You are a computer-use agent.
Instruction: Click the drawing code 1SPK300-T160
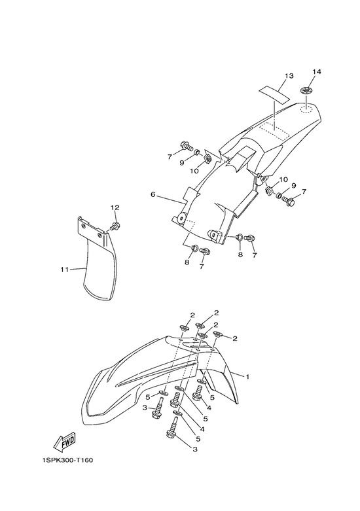pyautogui.click(x=67, y=460)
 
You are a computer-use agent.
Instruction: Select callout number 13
pyautogui.click(x=289, y=76)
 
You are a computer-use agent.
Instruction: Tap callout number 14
pyautogui.click(x=317, y=71)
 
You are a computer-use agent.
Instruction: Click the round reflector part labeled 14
pyautogui.click(x=306, y=90)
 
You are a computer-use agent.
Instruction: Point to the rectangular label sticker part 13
pyautogui.click(x=274, y=94)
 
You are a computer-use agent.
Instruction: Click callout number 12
pyautogui.click(x=115, y=207)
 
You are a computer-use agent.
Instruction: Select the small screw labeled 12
pyautogui.click(x=115, y=226)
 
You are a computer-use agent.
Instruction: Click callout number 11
pyautogui.click(x=64, y=269)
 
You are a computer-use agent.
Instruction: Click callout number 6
pyautogui.click(x=153, y=194)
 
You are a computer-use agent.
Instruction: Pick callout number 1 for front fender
pyautogui.click(x=247, y=377)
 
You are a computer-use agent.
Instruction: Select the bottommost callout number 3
pyautogui.click(x=195, y=449)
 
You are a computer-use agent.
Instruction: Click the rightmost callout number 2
pyautogui.click(x=235, y=339)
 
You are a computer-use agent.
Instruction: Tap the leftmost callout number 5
pyautogui.click(x=148, y=397)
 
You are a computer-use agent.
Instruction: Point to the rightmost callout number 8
pyautogui.click(x=240, y=255)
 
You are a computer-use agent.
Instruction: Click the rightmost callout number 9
pyautogui.click(x=293, y=186)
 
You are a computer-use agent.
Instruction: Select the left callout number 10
pyautogui.click(x=194, y=171)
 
